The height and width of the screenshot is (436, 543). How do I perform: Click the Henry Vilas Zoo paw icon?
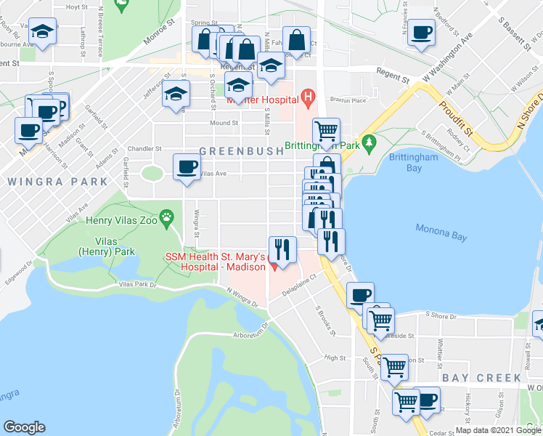tap(168, 216)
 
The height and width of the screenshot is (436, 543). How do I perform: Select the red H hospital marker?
tap(308, 95)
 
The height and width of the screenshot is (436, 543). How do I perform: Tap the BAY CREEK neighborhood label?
tap(481, 378)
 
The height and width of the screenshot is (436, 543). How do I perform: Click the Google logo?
tap(24, 427)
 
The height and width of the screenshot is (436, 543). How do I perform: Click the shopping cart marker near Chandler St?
tap(327, 132)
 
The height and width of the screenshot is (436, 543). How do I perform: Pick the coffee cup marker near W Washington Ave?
tap(421, 32)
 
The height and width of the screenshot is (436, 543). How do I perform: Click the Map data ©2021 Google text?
tap(498, 430)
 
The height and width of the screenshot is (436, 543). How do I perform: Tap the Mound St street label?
tap(224, 124)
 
